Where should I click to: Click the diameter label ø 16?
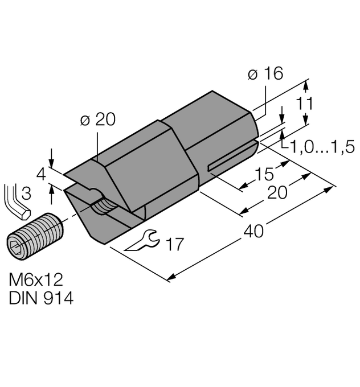coord(265,74)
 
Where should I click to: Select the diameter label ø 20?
coord(98,119)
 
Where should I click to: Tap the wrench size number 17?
coord(174,245)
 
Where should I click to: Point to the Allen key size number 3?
coord(26,195)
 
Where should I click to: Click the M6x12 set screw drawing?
coord(35,234)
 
